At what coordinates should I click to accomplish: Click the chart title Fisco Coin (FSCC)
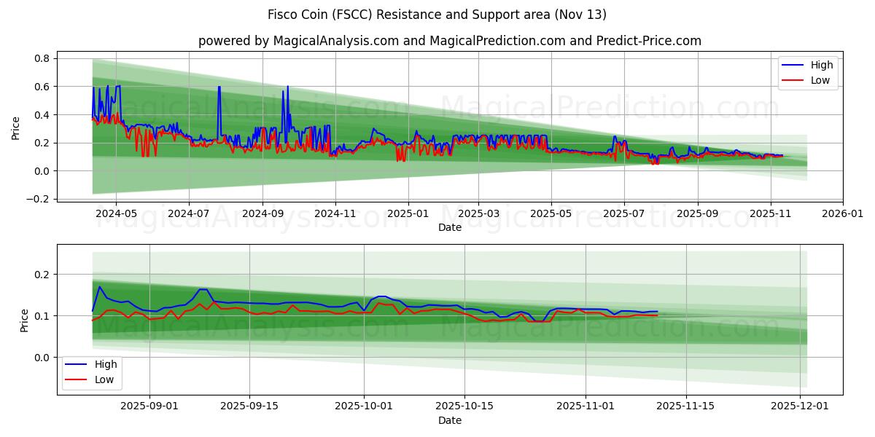tap(437, 15)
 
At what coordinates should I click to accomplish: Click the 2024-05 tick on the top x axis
tap(117, 214)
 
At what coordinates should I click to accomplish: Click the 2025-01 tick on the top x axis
tap(408, 214)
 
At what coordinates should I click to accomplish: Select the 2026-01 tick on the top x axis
tap(843, 214)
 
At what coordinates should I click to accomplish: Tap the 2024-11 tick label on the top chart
tap(335, 214)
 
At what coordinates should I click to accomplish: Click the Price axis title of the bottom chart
tap(25, 320)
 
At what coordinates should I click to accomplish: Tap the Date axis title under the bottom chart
tap(449, 420)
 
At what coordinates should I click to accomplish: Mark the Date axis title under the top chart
tap(449, 227)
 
